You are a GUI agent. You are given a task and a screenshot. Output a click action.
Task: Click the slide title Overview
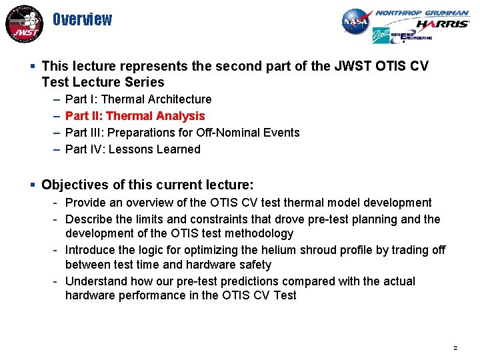point(83,19)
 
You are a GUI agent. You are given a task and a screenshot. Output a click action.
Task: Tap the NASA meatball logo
point(355,22)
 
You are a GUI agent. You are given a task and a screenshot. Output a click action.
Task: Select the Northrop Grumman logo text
point(421,13)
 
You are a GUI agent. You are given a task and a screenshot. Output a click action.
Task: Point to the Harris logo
point(442,25)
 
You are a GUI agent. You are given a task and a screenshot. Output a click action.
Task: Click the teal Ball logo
point(380,36)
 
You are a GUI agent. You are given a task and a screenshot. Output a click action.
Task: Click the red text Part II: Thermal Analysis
point(135,116)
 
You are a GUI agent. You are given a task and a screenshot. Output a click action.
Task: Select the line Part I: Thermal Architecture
point(139,99)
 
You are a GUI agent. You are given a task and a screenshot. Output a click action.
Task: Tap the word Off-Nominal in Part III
point(215,133)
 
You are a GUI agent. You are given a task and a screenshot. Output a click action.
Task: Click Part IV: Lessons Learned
point(133,149)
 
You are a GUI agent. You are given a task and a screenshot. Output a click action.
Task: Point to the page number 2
point(455,348)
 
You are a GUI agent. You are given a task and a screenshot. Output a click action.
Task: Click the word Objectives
point(73,184)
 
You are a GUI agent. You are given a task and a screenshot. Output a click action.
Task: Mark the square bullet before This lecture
point(33,66)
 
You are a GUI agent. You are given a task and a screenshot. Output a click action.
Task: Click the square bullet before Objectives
point(33,184)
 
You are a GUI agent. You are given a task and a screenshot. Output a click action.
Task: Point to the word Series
point(143,83)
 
